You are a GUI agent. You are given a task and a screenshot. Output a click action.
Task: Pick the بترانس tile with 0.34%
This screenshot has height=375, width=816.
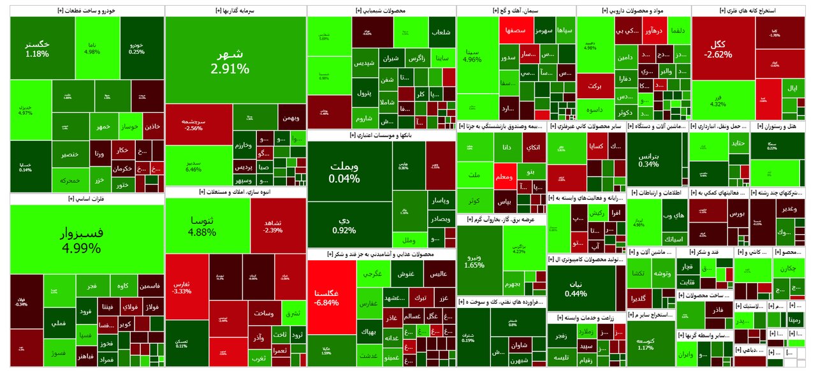(648, 159)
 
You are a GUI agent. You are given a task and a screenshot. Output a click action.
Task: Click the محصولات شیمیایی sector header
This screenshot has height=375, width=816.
(381, 11)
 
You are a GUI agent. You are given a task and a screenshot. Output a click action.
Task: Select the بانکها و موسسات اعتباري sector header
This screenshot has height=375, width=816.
(381, 135)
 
